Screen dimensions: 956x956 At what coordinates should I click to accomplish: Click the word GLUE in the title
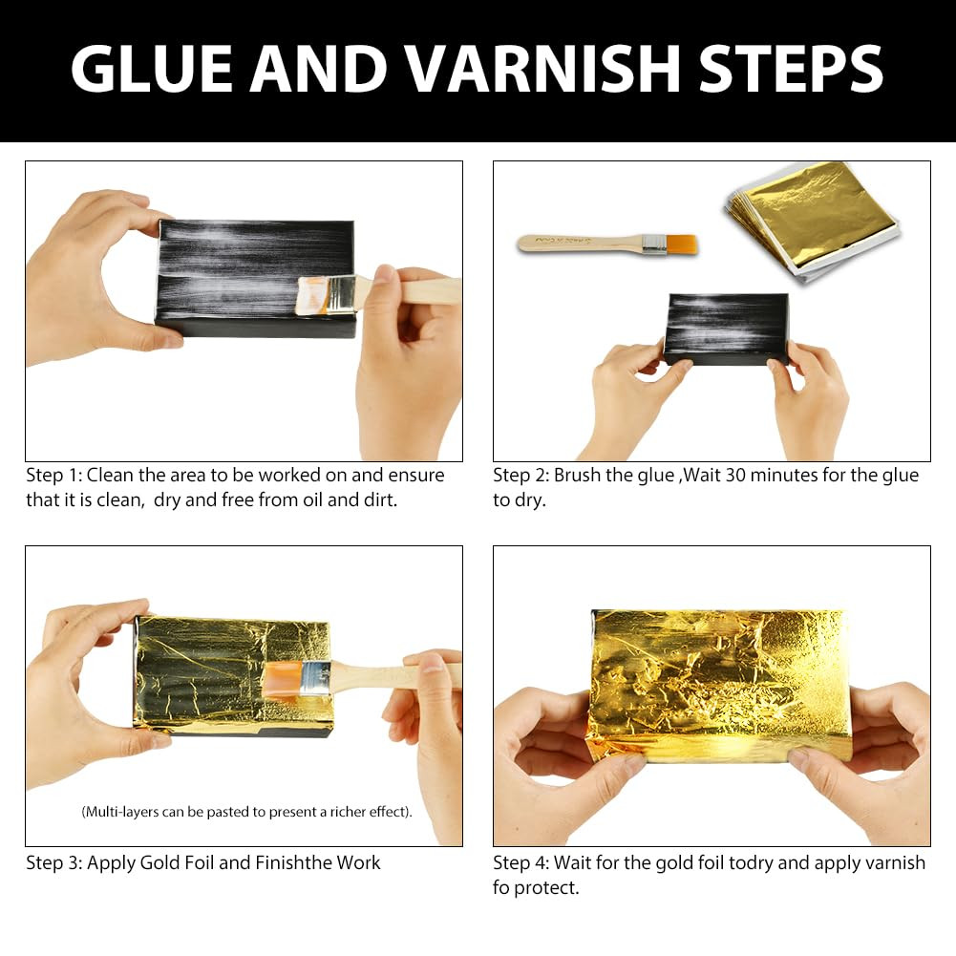[152, 69]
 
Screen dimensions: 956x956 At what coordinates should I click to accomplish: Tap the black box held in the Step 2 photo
[726, 329]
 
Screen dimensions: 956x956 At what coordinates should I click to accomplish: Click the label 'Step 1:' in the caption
[53, 475]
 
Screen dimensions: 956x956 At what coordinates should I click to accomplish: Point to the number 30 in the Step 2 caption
[737, 475]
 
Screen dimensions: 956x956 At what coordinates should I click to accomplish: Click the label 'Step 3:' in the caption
[53, 862]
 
